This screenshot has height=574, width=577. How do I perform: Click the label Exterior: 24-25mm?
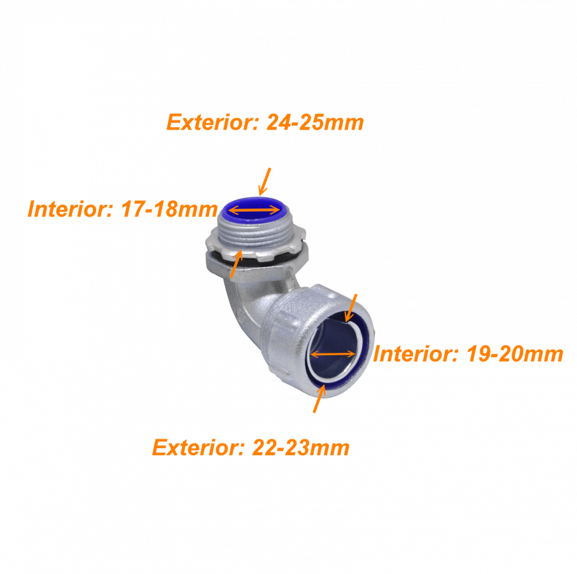[x=265, y=122]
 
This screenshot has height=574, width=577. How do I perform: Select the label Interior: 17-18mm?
[x=123, y=209]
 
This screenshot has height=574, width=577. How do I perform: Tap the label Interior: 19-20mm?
[x=468, y=353]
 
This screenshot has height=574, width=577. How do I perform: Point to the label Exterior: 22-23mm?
[x=251, y=447]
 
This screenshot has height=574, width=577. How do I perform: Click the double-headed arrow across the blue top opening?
[x=254, y=210]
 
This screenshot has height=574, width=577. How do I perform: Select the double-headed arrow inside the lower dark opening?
[x=333, y=354]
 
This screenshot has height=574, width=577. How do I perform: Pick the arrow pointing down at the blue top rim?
[x=265, y=182]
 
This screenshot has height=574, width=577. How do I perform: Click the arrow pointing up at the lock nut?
[x=236, y=263]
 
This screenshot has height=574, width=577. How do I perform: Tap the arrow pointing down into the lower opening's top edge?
[x=351, y=308]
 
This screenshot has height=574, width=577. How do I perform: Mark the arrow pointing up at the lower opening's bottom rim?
[x=319, y=398]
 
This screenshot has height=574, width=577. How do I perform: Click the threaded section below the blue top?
[x=255, y=235]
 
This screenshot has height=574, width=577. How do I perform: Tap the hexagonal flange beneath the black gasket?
[x=256, y=266]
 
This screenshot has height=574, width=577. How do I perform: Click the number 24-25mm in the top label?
[x=315, y=122]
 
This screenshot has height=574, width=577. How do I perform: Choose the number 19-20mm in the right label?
[x=515, y=353]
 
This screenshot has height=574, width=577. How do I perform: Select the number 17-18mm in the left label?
[x=169, y=209]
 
